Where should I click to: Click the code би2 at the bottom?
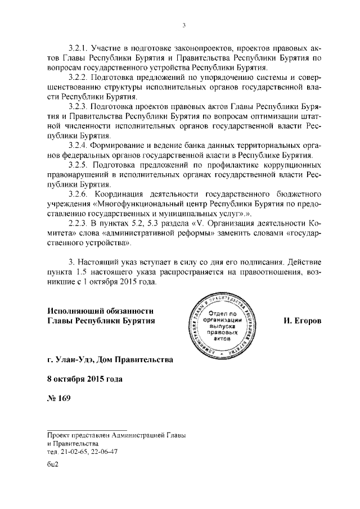(x=53, y=465)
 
